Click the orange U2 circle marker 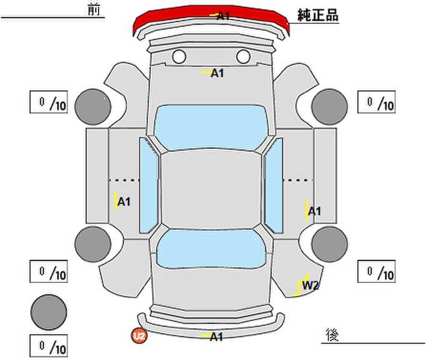click(x=139, y=336)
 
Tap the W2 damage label click(x=310, y=286)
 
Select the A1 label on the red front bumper click(x=223, y=16)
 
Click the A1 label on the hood click(x=217, y=73)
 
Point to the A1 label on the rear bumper click(x=216, y=337)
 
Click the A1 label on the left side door click(x=124, y=202)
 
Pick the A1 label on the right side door click(x=315, y=211)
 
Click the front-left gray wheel click(x=93, y=107)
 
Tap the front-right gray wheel click(x=330, y=107)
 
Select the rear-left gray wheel click(x=93, y=244)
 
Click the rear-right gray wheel click(x=330, y=244)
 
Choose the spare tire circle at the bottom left click(x=49, y=312)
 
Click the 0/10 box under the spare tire click(x=49, y=346)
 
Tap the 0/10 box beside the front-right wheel click(x=377, y=102)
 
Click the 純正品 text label click(x=318, y=15)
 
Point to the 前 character click(x=94, y=10)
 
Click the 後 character click(x=332, y=335)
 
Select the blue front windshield click(x=211, y=127)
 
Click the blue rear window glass click(x=211, y=248)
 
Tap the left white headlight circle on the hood click(x=179, y=56)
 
